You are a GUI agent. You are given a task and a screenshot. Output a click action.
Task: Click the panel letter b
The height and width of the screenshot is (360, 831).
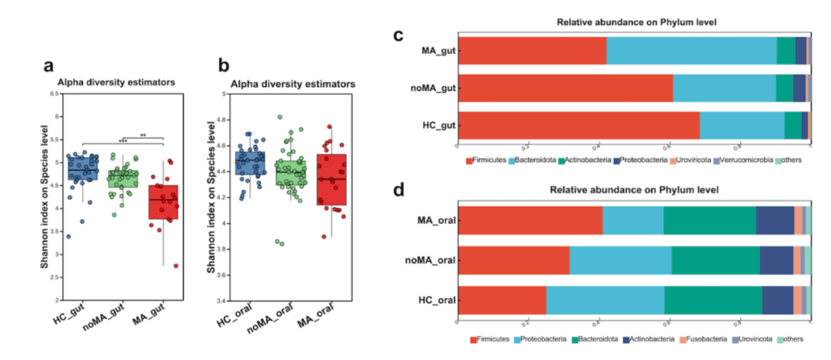click(225, 65)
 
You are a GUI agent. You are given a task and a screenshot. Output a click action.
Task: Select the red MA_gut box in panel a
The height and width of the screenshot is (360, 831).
click(163, 202)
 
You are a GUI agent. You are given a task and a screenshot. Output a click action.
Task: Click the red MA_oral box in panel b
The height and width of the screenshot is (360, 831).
click(331, 179)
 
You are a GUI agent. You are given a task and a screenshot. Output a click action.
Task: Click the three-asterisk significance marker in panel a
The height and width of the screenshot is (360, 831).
click(122, 142)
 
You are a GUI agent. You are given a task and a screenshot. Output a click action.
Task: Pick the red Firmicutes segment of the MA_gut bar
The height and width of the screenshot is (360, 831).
click(532, 50)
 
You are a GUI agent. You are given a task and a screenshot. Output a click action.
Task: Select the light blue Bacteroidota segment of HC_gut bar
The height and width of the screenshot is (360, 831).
click(742, 125)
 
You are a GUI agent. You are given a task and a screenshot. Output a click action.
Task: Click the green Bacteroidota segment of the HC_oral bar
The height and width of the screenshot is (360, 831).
click(713, 299)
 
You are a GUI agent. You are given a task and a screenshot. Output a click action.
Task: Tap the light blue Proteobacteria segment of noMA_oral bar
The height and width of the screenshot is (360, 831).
click(620, 260)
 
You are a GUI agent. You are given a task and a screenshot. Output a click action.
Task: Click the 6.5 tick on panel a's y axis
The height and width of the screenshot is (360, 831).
click(55, 94)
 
